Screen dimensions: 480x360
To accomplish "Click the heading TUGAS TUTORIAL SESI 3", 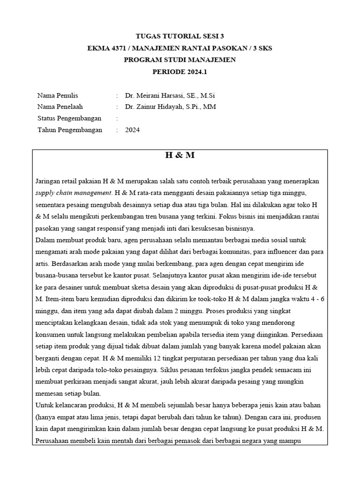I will (x=180, y=36).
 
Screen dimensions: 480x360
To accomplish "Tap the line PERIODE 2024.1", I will (x=180, y=72).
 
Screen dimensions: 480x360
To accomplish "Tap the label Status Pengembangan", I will (x=69, y=119).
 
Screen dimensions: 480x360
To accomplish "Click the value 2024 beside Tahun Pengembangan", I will (x=132, y=130).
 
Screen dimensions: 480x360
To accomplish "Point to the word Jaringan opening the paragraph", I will (x=49, y=181).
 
